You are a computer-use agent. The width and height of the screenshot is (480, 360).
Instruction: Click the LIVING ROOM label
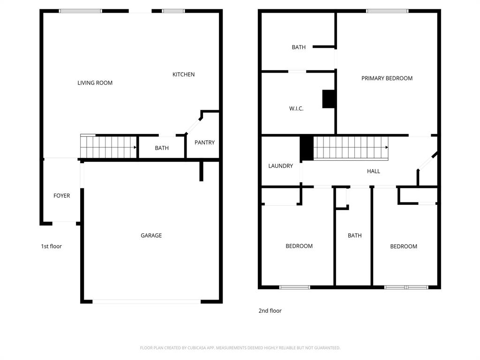95,83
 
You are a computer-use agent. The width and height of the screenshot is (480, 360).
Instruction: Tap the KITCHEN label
183,75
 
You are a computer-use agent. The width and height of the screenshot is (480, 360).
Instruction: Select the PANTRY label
204,142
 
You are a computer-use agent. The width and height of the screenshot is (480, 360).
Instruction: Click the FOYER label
61,195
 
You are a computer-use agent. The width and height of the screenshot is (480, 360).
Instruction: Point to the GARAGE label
151,235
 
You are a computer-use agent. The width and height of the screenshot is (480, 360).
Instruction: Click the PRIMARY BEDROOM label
387,78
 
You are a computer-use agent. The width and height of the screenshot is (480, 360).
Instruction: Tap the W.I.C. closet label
296,108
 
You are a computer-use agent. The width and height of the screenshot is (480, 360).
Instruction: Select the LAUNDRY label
280,166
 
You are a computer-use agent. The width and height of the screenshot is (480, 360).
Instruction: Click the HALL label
373,171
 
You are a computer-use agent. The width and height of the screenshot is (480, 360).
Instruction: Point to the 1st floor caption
51,246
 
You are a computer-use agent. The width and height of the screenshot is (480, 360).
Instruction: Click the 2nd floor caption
270,310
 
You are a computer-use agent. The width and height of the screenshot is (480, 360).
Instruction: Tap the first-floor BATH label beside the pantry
162,148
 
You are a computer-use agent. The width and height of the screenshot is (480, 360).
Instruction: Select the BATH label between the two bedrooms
354,235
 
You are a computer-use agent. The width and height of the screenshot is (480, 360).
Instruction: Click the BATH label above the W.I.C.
299,47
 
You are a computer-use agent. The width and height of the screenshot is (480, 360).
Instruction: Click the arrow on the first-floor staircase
135,147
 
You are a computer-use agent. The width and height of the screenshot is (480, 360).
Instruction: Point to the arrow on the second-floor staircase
386,147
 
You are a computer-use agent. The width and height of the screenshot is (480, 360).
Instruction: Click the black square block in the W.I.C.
328,99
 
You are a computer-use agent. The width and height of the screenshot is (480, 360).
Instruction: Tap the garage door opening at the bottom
146,301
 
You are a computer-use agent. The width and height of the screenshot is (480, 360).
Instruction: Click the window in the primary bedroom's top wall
387,11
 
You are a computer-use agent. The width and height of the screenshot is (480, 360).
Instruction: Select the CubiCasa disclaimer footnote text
240,348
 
